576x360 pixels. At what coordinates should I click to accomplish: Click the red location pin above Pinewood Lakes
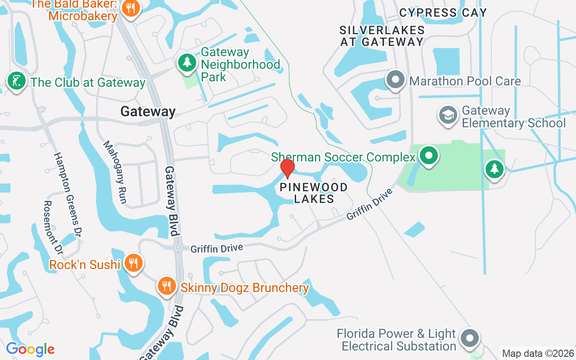click(x=287, y=168)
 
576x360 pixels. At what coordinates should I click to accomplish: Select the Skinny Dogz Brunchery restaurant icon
click(x=166, y=285)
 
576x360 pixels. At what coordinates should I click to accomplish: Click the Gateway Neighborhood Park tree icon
click(x=187, y=62)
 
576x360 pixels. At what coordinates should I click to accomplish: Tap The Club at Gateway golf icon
click(x=17, y=81)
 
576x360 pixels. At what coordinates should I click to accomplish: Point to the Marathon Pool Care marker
click(x=396, y=80)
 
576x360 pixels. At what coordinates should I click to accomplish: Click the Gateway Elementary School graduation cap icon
click(x=448, y=115)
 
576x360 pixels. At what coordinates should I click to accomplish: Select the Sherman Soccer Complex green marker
click(x=429, y=156)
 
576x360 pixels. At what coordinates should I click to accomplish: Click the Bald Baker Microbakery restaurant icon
click(x=130, y=8)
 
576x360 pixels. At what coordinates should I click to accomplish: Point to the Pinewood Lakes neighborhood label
click(x=314, y=193)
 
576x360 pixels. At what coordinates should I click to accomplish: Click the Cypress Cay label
click(x=443, y=13)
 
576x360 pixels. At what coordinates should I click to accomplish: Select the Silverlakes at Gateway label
click(x=382, y=36)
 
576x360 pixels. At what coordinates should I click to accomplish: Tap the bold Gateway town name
click(x=148, y=112)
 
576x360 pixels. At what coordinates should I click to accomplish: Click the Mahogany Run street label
click(x=115, y=172)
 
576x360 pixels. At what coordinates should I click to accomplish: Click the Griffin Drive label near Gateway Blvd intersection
click(x=217, y=248)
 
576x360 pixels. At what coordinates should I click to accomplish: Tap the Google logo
click(x=31, y=349)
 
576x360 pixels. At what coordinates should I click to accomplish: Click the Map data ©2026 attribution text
click(x=538, y=353)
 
